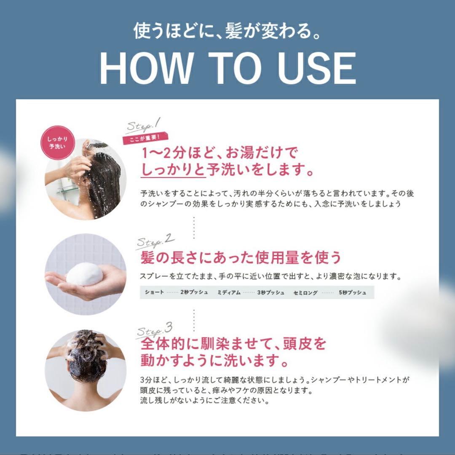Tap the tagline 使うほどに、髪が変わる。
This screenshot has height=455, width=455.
(227, 31)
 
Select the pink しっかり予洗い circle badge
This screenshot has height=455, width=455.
(58, 143)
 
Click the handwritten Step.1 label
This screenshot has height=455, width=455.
(143, 125)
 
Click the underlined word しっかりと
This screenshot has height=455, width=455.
(173, 170)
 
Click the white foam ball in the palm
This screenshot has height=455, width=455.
(85, 274)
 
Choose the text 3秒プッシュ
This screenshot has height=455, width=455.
(271, 292)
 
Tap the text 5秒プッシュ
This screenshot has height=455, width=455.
(352, 292)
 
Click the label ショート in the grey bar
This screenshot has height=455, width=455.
(154, 292)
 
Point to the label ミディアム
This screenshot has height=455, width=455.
(229, 292)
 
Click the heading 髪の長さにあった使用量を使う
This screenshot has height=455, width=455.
(240, 257)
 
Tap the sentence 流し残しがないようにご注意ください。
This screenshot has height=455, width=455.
(205, 401)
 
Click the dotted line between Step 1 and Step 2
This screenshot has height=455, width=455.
(194, 227)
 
